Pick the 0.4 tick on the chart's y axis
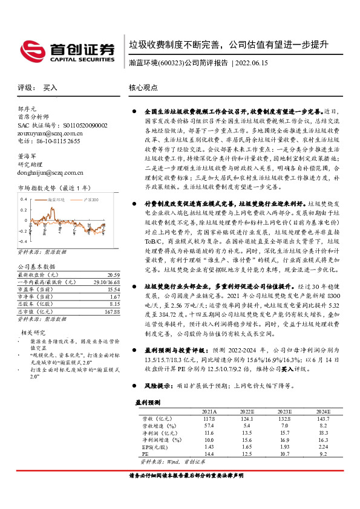click(x=24, y=198)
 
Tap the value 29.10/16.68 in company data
click(x=106, y=282)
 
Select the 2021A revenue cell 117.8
click(x=209, y=418)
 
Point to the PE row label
click(x=145, y=453)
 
